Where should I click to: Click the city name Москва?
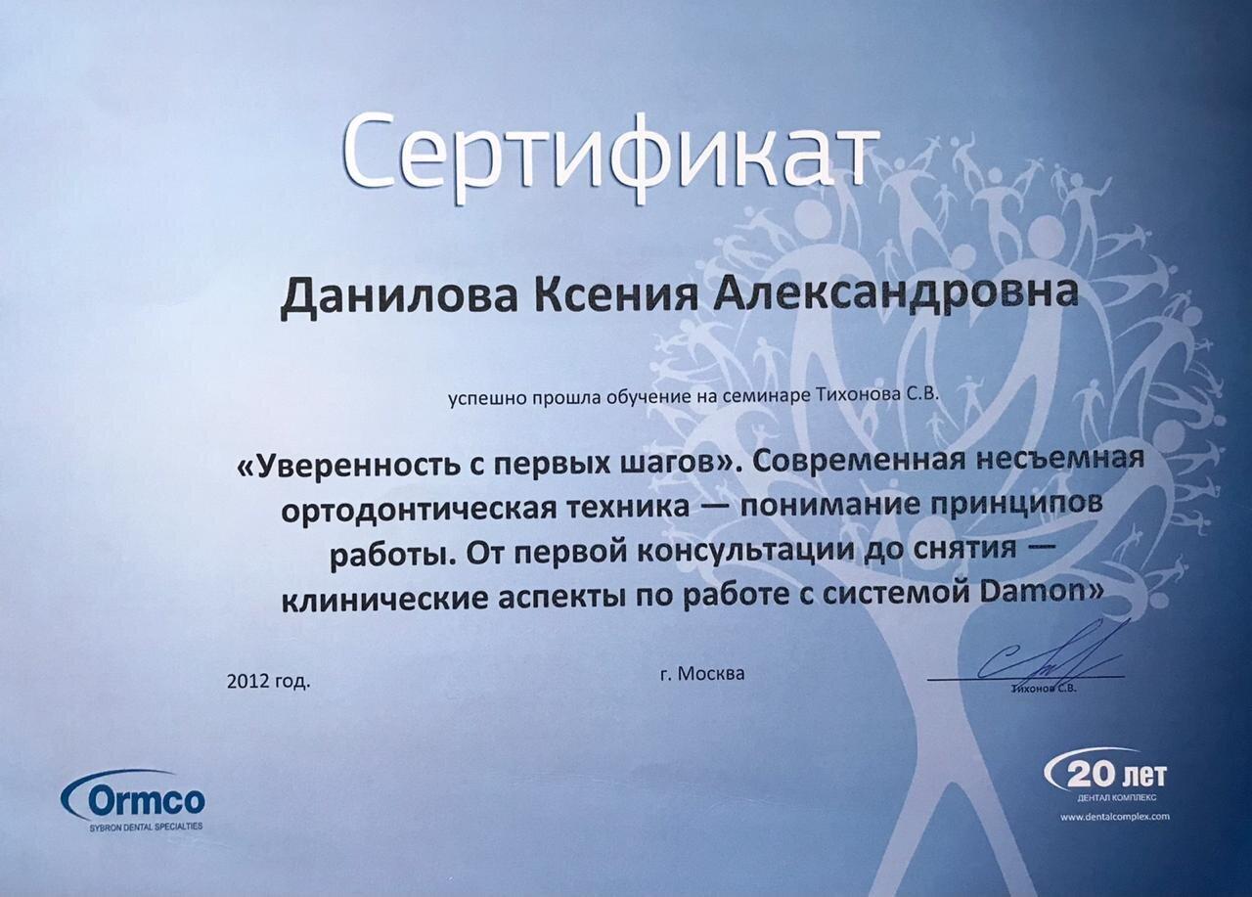711,674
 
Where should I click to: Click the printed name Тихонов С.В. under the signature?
1044,689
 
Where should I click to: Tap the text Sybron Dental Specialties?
146,826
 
